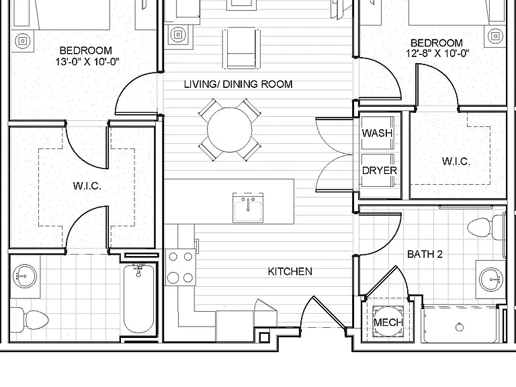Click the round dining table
[229, 130]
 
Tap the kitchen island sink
[248, 208]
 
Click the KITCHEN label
[290, 271]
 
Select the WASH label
[377, 133]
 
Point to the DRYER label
[380, 171]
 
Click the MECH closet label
[388, 322]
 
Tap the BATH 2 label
[425, 254]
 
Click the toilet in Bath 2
[485, 227]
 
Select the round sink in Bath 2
[490, 279]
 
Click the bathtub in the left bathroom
[138, 299]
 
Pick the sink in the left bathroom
[25, 275]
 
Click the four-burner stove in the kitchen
[180, 267]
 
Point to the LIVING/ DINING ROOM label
[239, 84]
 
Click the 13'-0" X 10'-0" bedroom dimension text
[87, 62]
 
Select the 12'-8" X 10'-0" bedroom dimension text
[437, 53]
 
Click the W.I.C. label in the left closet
[87, 186]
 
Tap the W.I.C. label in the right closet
[456, 161]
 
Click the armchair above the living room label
[242, 48]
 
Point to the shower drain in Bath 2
[460, 327]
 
